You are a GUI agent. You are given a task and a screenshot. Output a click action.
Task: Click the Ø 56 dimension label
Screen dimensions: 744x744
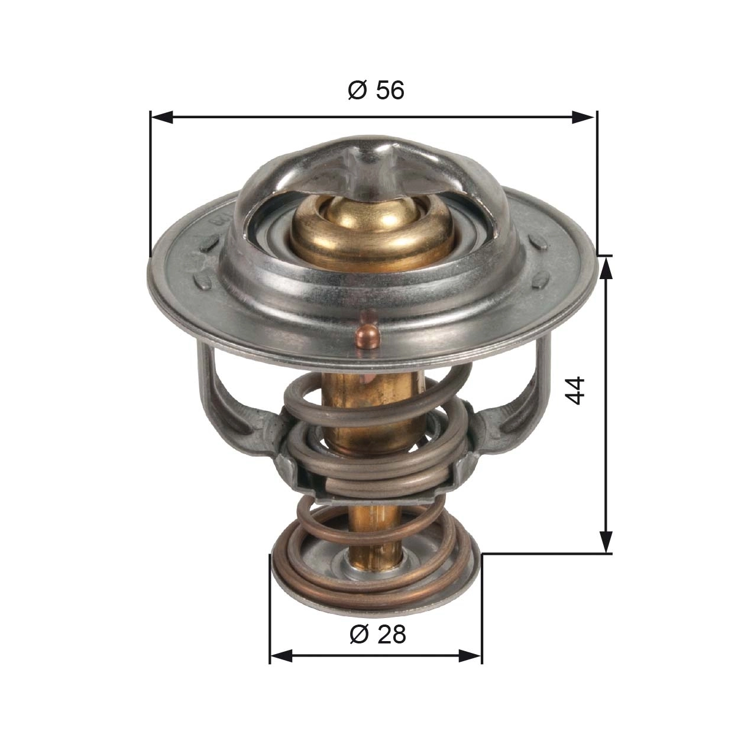pos(376,90)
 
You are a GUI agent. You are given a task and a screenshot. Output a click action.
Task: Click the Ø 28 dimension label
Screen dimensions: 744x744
pos(378,635)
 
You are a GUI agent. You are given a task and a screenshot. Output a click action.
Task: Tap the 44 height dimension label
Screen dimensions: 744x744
pos(575,390)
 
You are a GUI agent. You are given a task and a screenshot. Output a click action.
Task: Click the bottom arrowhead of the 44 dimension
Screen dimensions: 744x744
pos(606,541)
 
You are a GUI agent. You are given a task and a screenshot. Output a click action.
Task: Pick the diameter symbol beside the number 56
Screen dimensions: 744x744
pos(357,90)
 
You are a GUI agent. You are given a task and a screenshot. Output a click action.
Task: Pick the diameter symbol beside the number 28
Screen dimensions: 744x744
pos(359,635)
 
